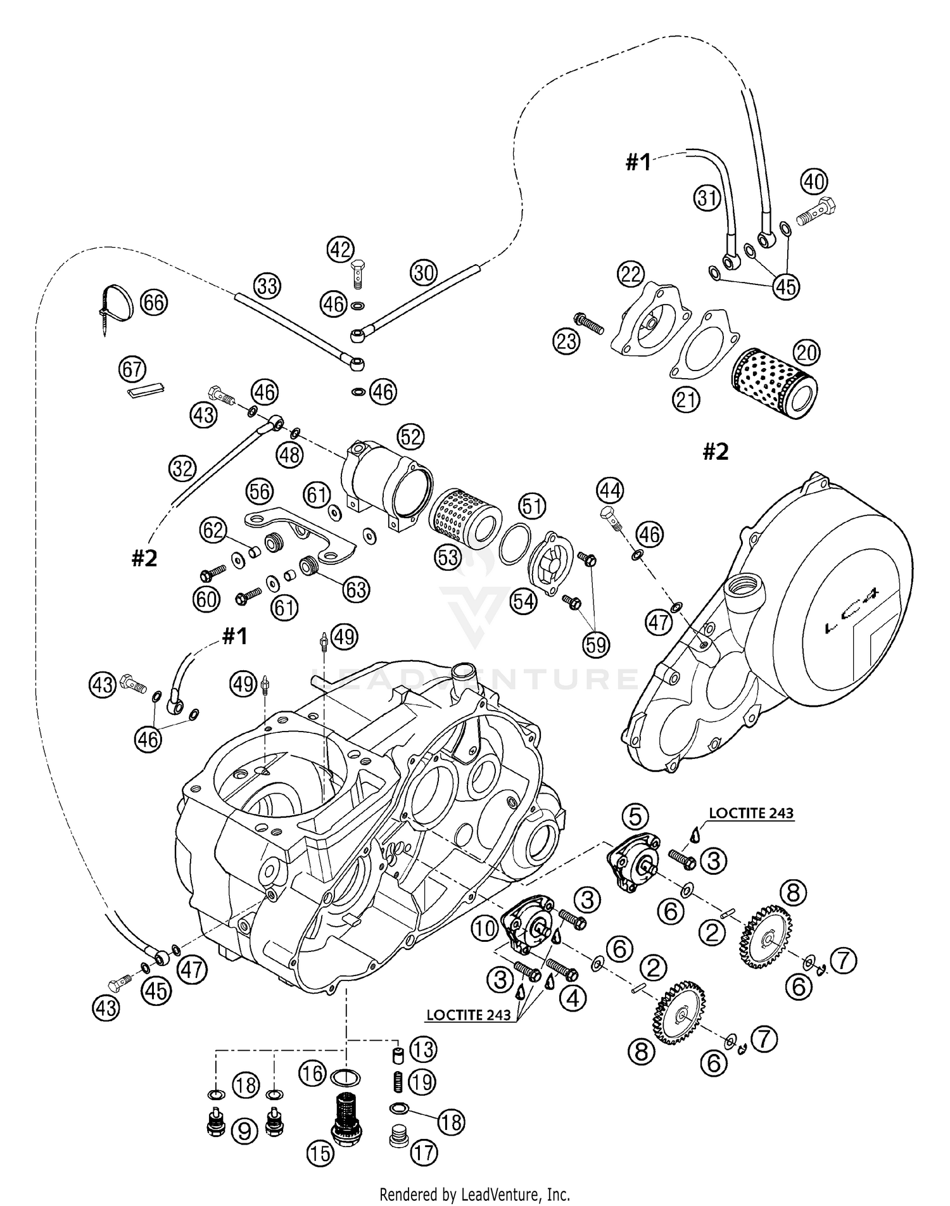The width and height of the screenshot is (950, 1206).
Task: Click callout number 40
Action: pyautogui.click(x=814, y=182)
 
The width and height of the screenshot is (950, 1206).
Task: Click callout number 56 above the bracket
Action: pyautogui.click(x=260, y=491)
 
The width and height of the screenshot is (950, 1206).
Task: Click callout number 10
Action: pyautogui.click(x=486, y=929)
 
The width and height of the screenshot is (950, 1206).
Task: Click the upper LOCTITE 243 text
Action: pyautogui.click(x=750, y=813)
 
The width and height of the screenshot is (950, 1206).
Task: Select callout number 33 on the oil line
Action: pyautogui.click(x=267, y=286)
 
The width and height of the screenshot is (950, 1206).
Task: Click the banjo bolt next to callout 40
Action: pyautogui.click(x=814, y=212)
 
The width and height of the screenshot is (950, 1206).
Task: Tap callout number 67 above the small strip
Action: pyautogui.click(x=132, y=369)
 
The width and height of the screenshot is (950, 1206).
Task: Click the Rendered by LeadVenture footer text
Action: pyautogui.click(x=474, y=1195)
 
